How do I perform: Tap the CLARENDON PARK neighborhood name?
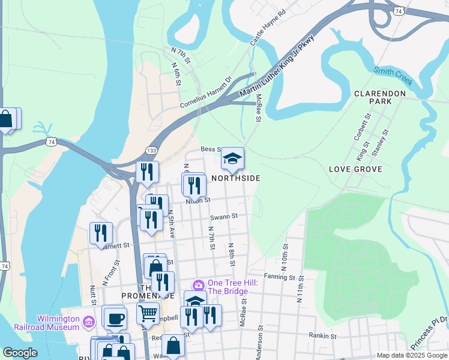(x=381, y=97)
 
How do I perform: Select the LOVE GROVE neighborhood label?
(x=355, y=170)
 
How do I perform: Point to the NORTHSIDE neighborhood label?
(x=235, y=178)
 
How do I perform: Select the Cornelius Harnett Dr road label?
(x=206, y=93)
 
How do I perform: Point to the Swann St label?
(x=224, y=216)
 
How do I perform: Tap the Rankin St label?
(x=321, y=336)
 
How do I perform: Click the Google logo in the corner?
(x=20, y=353)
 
